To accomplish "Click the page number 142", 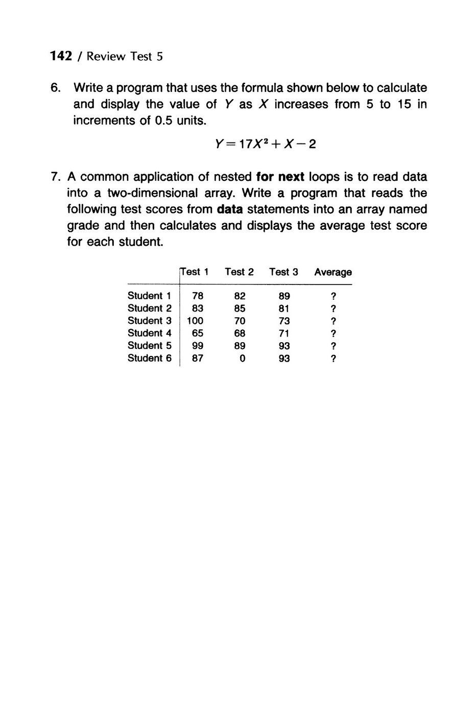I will tap(61, 56).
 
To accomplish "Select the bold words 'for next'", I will tap(280, 177).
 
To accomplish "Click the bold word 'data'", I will tap(229, 210).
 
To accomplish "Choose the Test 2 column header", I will tap(239, 272).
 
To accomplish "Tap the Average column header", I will tap(333, 272).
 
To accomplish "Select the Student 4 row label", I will tap(149, 333).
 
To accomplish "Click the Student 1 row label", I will tap(149, 296).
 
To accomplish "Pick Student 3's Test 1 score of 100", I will tap(195, 321).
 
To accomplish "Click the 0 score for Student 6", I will tap(243, 359).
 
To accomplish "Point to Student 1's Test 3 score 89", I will tap(284, 296).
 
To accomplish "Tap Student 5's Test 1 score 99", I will tap(198, 346).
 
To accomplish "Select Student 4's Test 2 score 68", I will tap(240, 333).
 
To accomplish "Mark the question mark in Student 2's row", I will tap(333, 308).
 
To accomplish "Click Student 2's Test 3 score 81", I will tap(284, 308).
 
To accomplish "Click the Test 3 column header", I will tap(283, 272).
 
